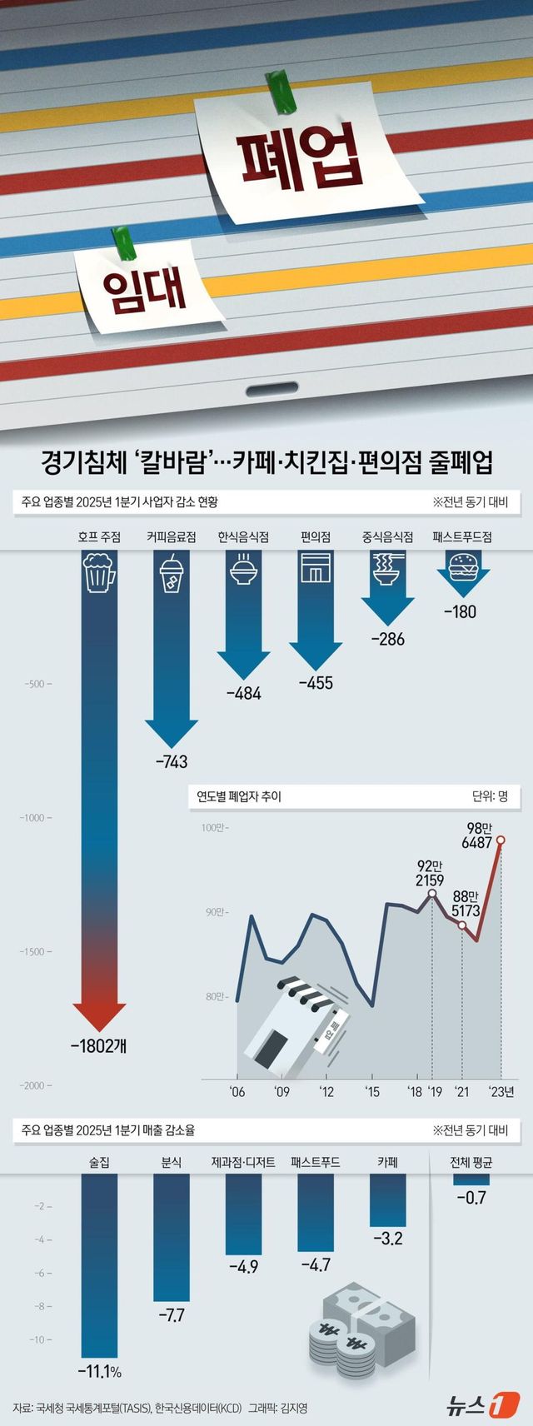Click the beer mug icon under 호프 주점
pyautogui.click(x=99, y=573)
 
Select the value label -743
pyautogui.click(x=171, y=761)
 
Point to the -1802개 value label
pyautogui.click(x=99, y=1045)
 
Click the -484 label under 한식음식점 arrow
pyautogui.click(x=243, y=693)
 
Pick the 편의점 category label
pyautogui.click(x=316, y=537)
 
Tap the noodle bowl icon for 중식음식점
pyautogui.click(x=388, y=571)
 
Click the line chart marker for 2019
pyautogui.click(x=431, y=894)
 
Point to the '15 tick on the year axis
pyautogui.click(x=371, y=1092)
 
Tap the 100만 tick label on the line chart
pyautogui.click(x=212, y=828)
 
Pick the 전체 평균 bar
pyautogui.click(x=471, y=1179)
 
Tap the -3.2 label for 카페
pyautogui.click(x=387, y=1239)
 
